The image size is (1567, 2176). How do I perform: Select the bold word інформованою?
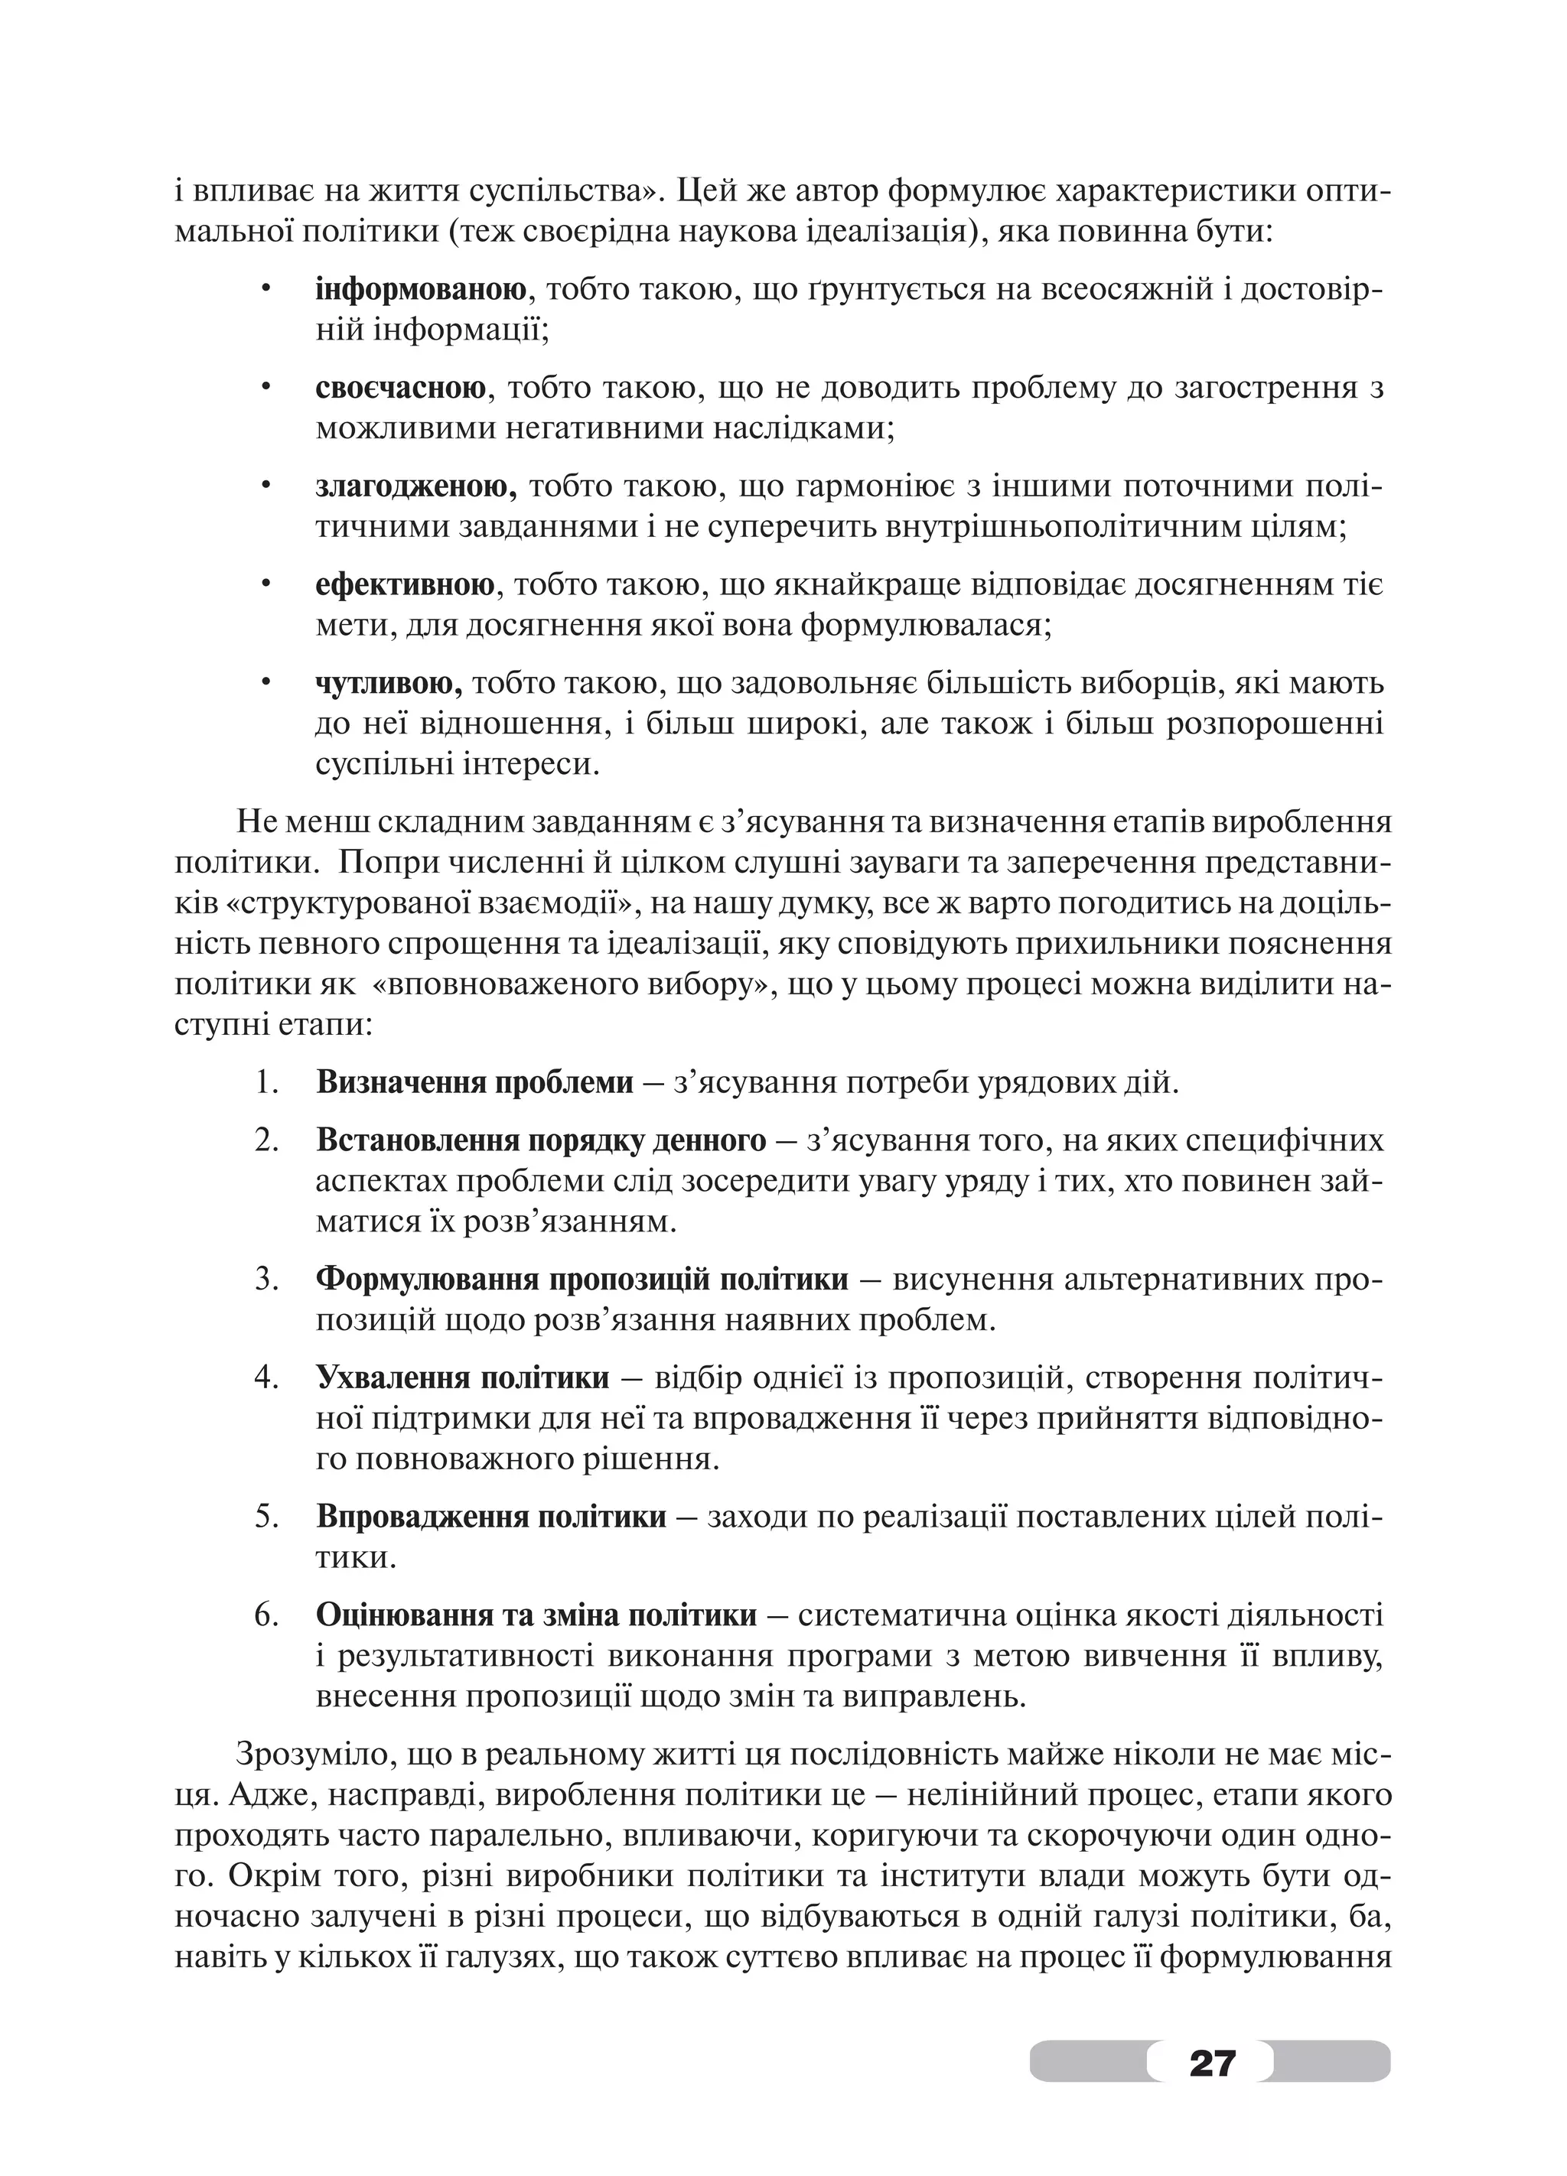pyautogui.click(x=420, y=290)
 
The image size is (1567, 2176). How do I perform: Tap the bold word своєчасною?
pyautogui.click(x=399, y=388)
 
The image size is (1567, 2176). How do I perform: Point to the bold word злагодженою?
pyautogui.click(x=415, y=486)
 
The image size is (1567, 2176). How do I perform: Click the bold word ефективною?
pyautogui.click(x=404, y=584)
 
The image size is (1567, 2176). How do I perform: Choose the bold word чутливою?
pyautogui.click(x=389, y=683)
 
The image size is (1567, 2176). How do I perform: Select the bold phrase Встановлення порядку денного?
pyautogui.click(x=540, y=1140)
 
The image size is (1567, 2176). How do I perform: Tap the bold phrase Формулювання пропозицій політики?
pyautogui.click(x=582, y=1279)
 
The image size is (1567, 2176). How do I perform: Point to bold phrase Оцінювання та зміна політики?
pyautogui.click(x=536, y=1615)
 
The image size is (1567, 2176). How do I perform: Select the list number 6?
pyautogui.click(x=266, y=1615)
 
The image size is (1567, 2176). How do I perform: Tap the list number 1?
pyautogui.click(x=266, y=1082)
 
